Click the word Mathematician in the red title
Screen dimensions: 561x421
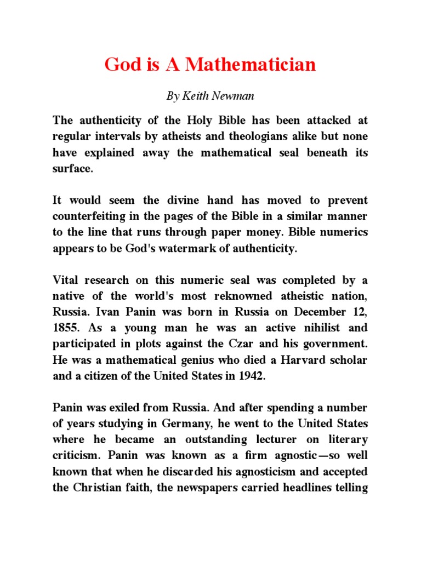point(251,65)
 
